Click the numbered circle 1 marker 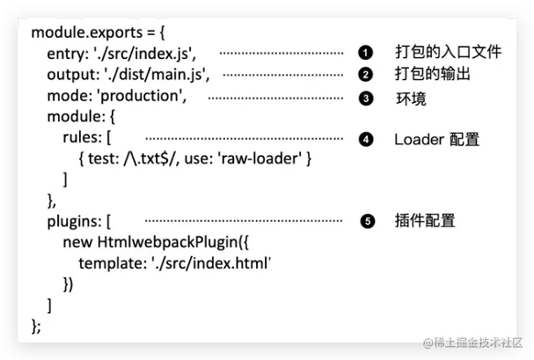click(x=365, y=53)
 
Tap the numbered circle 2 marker click(x=365, y=74)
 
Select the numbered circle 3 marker click(x=365, y=99)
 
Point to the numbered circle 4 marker click(x=365, y=139)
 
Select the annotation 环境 click(x=411, y=99)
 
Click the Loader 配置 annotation click(x=437, y=139)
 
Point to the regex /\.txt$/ click(x=155, y=159)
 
